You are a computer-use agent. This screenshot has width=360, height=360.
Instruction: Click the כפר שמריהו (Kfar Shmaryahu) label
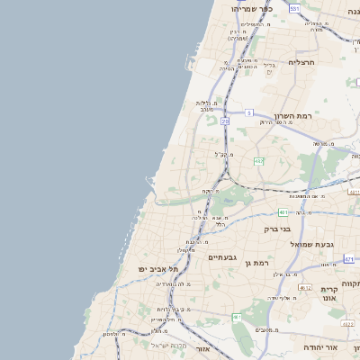(251, 8)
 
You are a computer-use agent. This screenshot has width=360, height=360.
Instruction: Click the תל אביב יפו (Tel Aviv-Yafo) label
(158, 269)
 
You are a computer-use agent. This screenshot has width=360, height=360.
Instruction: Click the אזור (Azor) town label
(202, 348)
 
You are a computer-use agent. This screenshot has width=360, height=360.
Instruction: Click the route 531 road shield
(294, 8)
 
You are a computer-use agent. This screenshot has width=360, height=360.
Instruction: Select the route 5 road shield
(247, 112)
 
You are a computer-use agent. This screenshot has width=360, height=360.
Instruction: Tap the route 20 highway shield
(225, 121)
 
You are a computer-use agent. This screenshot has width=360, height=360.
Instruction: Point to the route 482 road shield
(258, 161)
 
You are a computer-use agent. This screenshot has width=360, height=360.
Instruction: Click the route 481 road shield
(283, 212)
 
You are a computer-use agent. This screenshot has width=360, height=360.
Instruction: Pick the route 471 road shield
(348, 258)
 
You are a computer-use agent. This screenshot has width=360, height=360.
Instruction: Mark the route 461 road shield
(237, 317)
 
